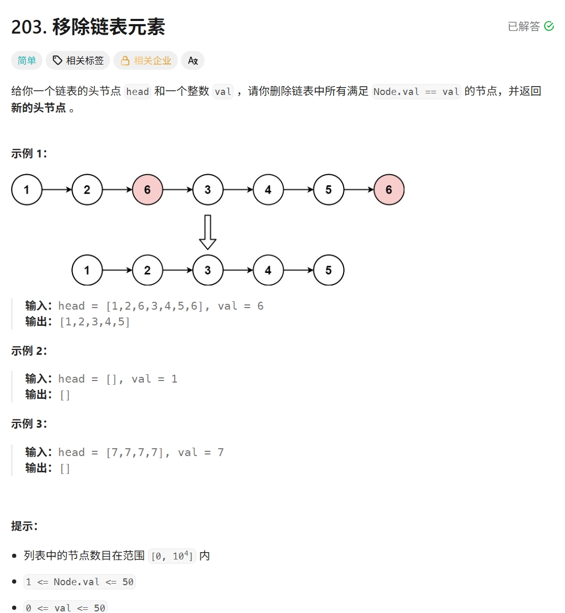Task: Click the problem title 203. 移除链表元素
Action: coord(88,27)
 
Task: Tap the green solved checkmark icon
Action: coord(549,26)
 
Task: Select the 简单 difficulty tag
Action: coord(27,61)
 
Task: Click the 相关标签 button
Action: coord(78,61)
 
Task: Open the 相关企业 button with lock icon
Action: coord(146,61)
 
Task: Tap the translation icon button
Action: coord(193,61)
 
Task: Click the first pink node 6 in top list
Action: coord(147,190)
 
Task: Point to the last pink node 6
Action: coord(389,190)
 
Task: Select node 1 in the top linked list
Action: coord(27,190)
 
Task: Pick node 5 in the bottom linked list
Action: coord(328,270)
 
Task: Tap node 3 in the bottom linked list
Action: coord(208,270)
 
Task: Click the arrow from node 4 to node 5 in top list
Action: coord(298,190)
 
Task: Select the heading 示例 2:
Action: coord(29,351)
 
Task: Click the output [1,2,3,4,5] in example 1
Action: coord(95,322)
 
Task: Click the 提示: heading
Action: coord(24,526)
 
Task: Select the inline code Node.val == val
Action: coord(416,92)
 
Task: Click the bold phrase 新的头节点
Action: coord(38,108)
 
